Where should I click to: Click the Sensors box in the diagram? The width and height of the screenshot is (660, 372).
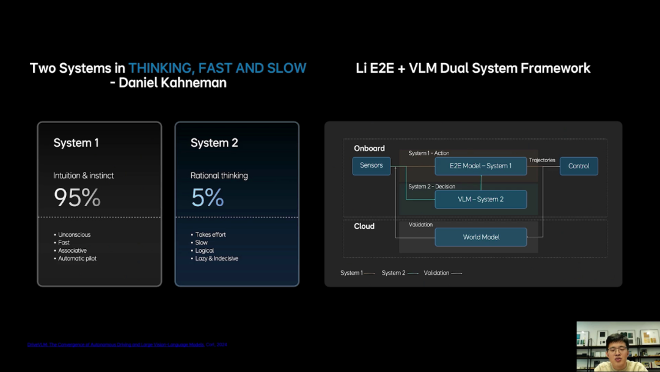tap(371, 166)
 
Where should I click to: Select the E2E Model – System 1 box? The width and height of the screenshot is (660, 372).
tap(480, 166)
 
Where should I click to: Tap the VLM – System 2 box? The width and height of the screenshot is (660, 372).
tap(480, 199)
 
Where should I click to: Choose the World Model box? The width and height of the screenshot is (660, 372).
tap(480, 237)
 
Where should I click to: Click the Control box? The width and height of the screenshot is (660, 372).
tap(578, 166)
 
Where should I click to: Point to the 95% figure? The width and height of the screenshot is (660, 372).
tap(77, 198)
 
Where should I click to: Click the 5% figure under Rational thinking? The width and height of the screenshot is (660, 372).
tap(207, 198)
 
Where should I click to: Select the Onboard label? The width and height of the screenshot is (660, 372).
tap(369, 148)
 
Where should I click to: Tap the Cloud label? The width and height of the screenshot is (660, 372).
tap(364, 226)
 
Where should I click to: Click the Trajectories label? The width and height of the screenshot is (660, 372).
tap(542, 160)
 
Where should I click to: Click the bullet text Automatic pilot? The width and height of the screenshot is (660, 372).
tap(77, 258)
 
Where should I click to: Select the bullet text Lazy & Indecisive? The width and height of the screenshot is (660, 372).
tap(216, 258)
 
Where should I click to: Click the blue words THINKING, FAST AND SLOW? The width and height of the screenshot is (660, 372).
tap(217, 68)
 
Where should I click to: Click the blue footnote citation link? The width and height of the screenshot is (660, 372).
tap(116, 345)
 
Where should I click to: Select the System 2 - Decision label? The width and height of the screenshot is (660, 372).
tap(431, 187)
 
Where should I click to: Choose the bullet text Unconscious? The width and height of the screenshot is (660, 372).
tap(74, 234)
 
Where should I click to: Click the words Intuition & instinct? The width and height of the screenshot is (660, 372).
tap(84, 176)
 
